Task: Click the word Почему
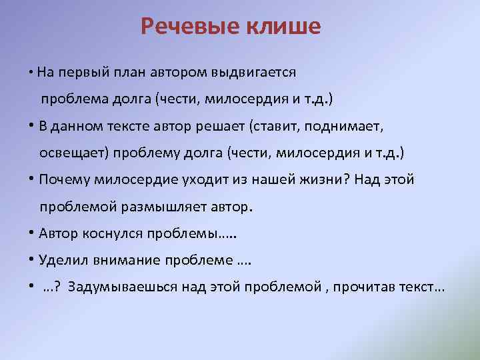click(x=65, y=180)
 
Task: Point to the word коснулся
click(x=102, y=234)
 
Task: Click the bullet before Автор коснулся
click(x=33, y=234)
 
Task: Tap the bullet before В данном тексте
click(x=33, y=126)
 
